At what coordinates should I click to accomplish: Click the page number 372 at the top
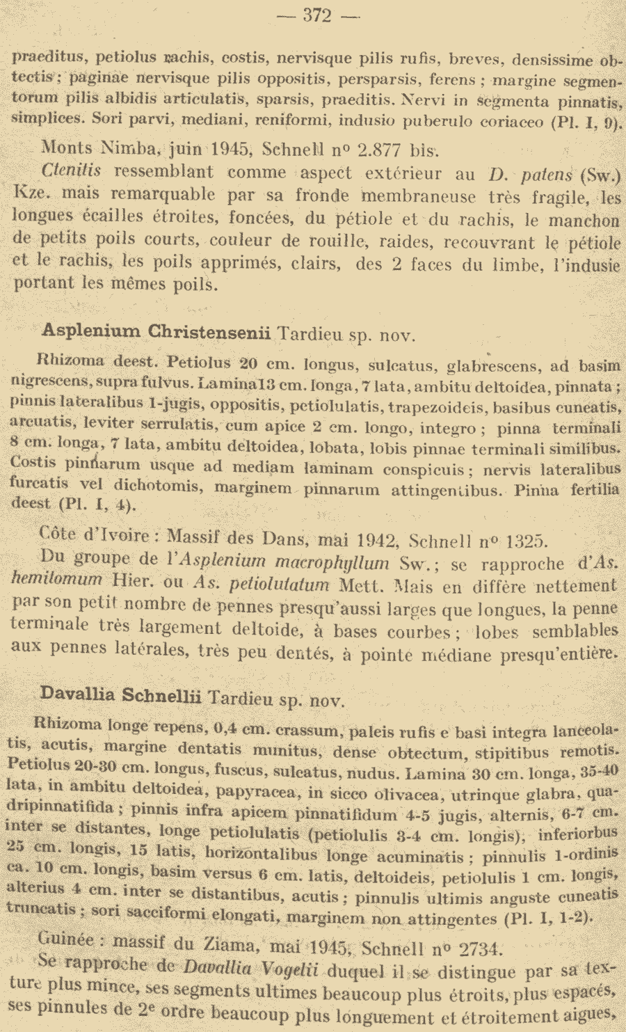point(317,15)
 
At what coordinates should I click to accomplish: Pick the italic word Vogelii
point(287,969)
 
